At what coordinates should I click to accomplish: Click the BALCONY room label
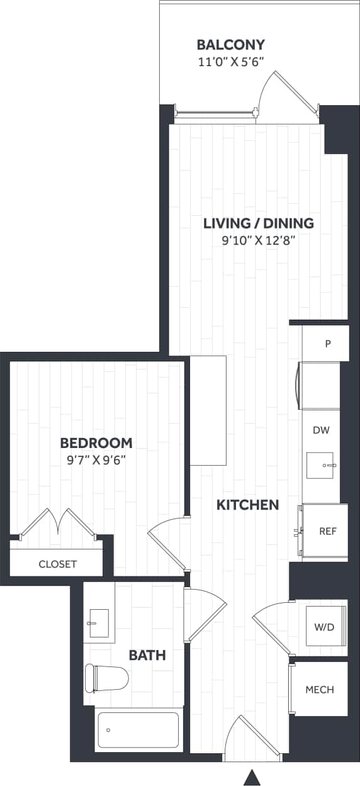230,45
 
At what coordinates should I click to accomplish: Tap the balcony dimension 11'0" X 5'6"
230,61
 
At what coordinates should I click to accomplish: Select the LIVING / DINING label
258,223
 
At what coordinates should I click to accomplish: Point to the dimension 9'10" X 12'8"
258,239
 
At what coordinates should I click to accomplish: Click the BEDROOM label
96,442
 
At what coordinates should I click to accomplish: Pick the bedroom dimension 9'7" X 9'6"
96,459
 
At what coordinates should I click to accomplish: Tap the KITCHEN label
247,505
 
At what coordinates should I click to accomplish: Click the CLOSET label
57,564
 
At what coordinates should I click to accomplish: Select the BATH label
147,655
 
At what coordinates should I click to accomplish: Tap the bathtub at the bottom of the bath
138,730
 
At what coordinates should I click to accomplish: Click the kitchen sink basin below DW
321,466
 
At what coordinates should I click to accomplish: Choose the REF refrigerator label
328,531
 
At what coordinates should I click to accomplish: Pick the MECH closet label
320,689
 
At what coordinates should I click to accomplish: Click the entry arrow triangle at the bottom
252,778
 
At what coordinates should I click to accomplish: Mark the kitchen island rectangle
208,410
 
